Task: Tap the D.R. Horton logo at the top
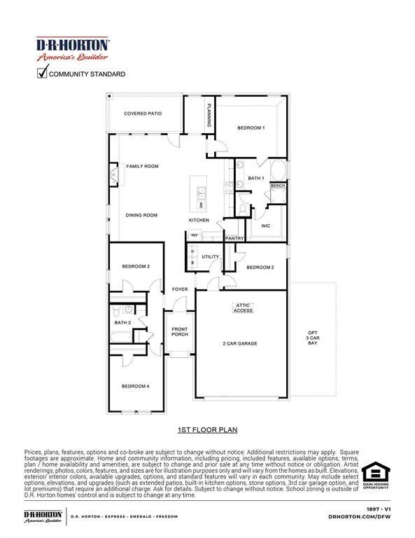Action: click(x=72, y=48)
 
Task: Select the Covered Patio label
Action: click(x=143, y=113)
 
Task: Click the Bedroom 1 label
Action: click(x=251, y=127)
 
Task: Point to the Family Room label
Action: click(x=142, y=167)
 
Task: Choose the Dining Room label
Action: click(x=141, y=215)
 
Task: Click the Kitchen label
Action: click(x=198, y=220)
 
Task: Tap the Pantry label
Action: click(x=234, y=238)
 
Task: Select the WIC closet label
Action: click(x=265, y=226)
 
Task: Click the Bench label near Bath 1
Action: click(x=278, y=186)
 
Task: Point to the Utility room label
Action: click(x=210, y=256)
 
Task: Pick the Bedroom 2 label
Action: click(x=260, y=267)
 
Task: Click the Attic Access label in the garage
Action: click(x=243, y=308)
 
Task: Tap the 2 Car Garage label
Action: click(x=240, y=343)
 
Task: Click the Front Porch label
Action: click(x=180, y=331)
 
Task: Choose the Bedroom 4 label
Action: click(x=136, y=386)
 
